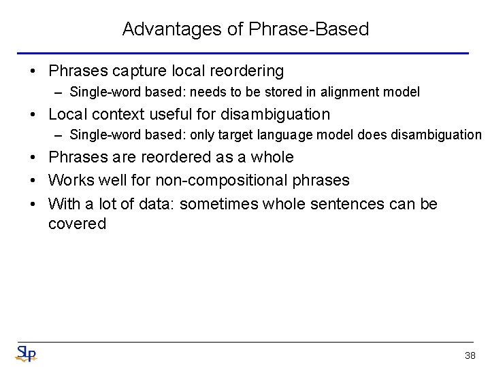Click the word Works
(70, 181)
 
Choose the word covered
(77, 224)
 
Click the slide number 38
(470, 355)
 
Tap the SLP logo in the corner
(25, 353)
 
